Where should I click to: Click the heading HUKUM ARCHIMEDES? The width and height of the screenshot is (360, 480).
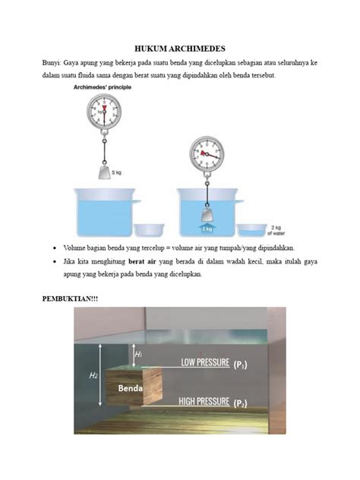point(180,47)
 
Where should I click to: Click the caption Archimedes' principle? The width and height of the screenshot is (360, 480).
point(103,88)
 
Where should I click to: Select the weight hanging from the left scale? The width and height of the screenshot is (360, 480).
point(103,171)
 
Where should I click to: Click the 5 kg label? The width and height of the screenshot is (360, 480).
point(118,173)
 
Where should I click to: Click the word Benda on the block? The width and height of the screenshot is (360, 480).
point(131,388)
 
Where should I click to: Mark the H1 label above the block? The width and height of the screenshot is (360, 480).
point(138,355)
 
